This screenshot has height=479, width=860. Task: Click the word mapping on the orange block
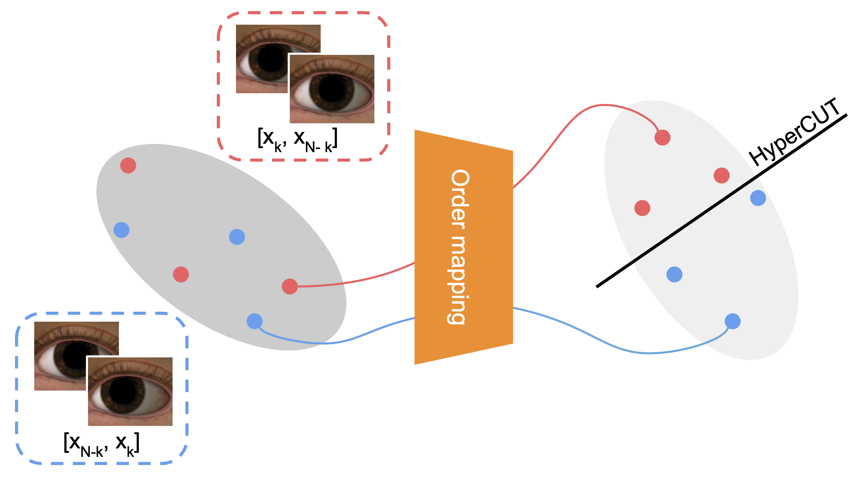[458, 280]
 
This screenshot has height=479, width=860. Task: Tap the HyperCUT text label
[795, 133]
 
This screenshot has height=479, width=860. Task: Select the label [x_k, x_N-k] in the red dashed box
[297, 140]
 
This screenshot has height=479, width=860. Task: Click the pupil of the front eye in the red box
[331, 89]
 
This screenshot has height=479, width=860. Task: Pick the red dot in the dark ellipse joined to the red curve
[290, 286]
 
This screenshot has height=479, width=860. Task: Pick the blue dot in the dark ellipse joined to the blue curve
[254, 321]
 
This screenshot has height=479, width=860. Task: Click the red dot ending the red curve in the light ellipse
[662, 137]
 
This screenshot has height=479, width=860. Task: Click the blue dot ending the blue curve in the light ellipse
[733, 321]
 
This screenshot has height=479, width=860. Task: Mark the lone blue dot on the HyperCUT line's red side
[758, 198]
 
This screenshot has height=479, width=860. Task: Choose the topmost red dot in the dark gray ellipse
[128, 165]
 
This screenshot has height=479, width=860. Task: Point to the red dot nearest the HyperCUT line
[722, 175]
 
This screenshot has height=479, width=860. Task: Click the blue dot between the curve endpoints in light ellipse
[674, 275]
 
